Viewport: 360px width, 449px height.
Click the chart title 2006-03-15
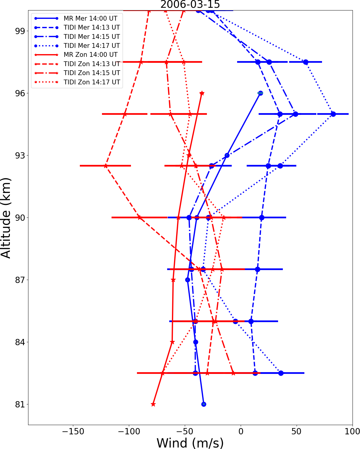point(190,4)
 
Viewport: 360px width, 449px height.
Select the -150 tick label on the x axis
point(73,432)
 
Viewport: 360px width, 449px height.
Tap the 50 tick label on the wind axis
point(296,432)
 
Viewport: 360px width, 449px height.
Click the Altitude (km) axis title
point(6,218)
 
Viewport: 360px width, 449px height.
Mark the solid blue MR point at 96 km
point(260,93)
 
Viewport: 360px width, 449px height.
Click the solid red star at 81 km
point(153,404)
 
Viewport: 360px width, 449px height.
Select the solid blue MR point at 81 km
point(204,404)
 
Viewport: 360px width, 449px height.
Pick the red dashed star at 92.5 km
point(106,166)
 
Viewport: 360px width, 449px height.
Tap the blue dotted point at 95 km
point(333,114)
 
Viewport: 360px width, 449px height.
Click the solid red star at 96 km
point(202,93)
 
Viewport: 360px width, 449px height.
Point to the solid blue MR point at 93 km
point(227,155)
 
